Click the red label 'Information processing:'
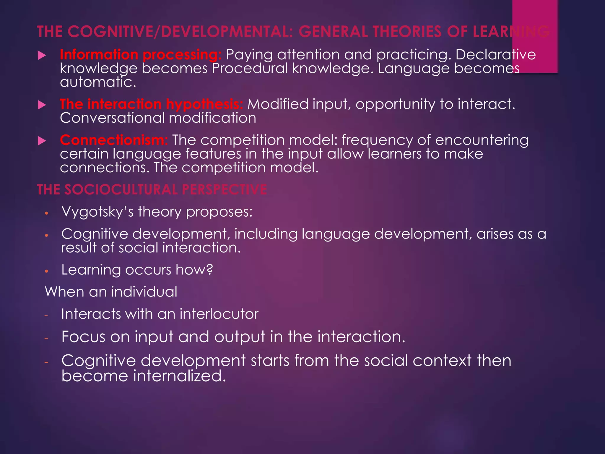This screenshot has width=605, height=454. [x=141, y=55]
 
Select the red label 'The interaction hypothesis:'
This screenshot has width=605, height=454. [x=151, y=104]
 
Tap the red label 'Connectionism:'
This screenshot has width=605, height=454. [x=114, y=140]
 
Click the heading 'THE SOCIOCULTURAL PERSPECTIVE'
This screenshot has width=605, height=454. [x=152, y=189]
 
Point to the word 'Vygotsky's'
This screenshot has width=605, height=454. [x=97, y=212]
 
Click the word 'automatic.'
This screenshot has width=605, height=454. [x=98, y=82]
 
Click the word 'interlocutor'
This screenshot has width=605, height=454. [x=219, y=314]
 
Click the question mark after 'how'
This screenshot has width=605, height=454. [x=209, y=270]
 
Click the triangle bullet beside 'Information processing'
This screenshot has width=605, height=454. [x=42, y=55]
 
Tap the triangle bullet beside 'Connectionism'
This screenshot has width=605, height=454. [x=42, y=141]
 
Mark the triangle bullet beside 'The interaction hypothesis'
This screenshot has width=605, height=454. [x=42, y=105]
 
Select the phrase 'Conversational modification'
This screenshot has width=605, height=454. [x=158, y=118]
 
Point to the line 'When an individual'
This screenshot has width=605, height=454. [x=111, y=292]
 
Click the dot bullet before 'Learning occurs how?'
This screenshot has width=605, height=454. [x=46, y=271]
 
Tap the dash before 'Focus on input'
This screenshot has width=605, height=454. [x=46, y=338]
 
